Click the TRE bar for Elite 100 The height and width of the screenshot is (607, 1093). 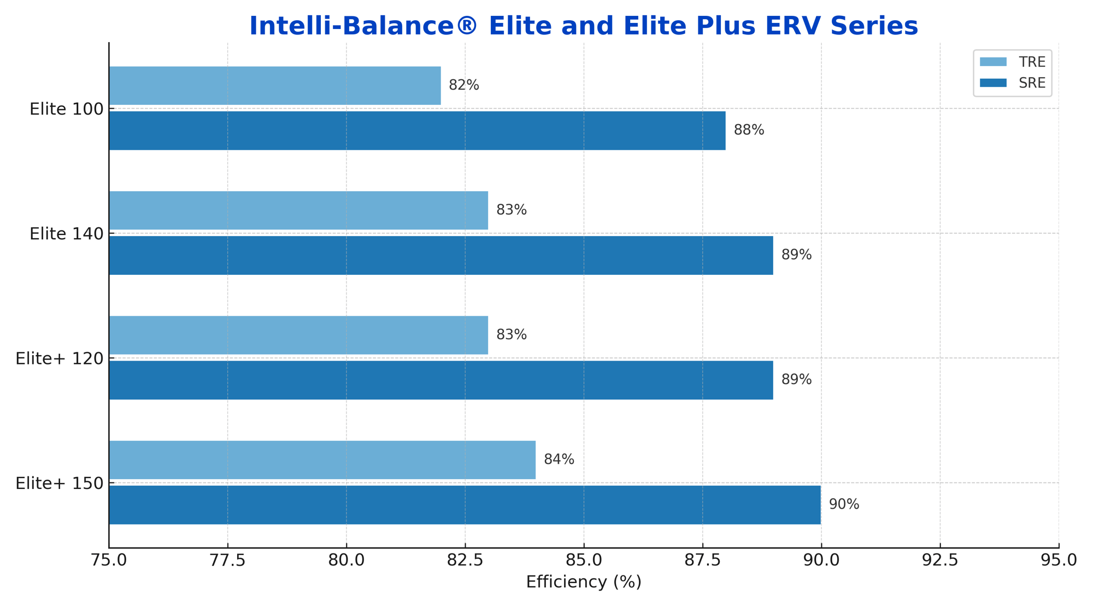[x=274, y=86]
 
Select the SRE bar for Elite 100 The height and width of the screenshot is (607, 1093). [x=417, y=131]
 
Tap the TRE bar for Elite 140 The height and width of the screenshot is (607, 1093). [x=298, y=210]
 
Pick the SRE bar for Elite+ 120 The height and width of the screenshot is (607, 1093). [x=440, y=380]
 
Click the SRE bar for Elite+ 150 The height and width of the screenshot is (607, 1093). [x=465, y=505]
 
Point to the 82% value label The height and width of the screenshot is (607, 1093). [x=463, y=85]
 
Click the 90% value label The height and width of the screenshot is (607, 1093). [x=844, y=504]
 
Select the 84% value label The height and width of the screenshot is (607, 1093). [x=559, y=459]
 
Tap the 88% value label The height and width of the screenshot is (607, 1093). [x=749, y=130]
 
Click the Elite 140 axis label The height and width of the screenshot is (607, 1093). [x=66, y=234]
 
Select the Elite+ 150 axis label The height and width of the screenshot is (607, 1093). [x=59, y=484]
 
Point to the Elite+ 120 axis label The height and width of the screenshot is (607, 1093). [x=59, y=358]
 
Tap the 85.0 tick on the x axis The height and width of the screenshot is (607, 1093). [x=584, y=561]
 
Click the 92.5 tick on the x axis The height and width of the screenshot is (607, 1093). [x=940, y=561]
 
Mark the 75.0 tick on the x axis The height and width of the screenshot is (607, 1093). [x=109, y=561]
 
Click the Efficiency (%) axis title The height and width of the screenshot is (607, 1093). [x=584, y=582]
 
